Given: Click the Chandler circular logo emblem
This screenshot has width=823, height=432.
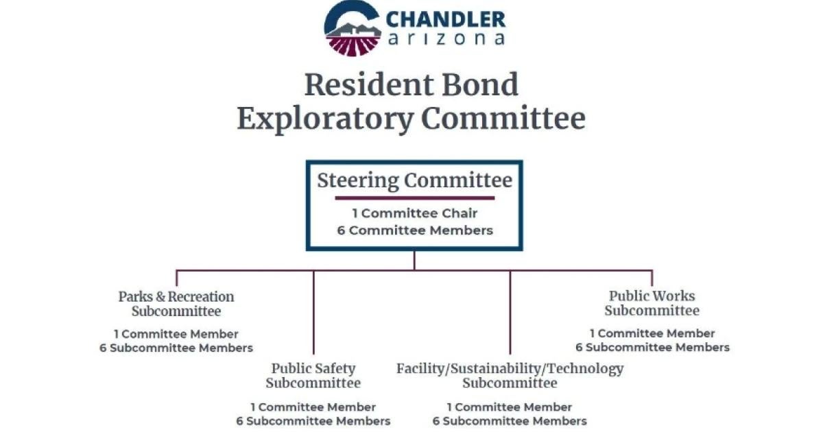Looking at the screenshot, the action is click(x=352, y=28).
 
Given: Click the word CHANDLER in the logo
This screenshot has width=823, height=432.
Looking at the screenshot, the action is click(x=446, y=19).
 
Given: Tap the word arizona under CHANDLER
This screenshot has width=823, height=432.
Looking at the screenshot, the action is click(x=446, y=38).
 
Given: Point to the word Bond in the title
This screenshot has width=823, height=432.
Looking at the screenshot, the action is click(x=480, y=85).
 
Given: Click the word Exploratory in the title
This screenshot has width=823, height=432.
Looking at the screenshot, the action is click(x=325, y=119).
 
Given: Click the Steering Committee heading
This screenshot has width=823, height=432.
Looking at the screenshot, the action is click(x=414, y=181).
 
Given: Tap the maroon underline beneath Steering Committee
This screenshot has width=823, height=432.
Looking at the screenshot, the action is click(x=414, y=198).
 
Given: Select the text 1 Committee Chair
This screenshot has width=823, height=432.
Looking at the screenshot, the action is click(x=414, y=213).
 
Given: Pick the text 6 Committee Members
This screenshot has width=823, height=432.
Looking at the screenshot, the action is click(x=415, y=230).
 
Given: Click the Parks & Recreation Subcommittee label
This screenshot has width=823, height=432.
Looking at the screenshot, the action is click(x=176, y=304).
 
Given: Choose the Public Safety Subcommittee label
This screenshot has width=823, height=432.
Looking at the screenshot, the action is click(x=313, y=376).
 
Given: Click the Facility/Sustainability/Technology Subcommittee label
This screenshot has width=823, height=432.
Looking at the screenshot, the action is click(x=510, y=376).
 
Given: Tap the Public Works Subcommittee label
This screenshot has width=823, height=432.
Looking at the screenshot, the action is click(x=652, y=303).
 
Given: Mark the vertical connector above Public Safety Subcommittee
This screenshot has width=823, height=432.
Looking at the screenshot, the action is click(x=313, y=312).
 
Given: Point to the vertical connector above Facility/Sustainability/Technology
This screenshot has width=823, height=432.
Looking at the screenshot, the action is click(x=510, y=312).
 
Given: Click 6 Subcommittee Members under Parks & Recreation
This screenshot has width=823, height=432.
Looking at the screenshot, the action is click(x=176, y=348).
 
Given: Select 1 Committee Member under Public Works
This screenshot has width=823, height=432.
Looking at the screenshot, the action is click(x=652, y=333).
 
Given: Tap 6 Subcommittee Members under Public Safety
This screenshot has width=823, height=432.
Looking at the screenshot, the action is click(x=313, y=421).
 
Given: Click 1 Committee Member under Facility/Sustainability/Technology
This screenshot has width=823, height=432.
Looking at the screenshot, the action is click(x=509, y=407).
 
